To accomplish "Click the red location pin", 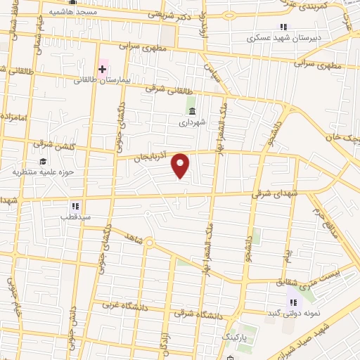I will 181,165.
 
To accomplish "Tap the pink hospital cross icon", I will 103,69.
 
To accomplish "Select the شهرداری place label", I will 191,122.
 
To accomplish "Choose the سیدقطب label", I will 75,217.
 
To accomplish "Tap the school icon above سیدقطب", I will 75,206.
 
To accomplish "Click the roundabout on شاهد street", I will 150,243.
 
